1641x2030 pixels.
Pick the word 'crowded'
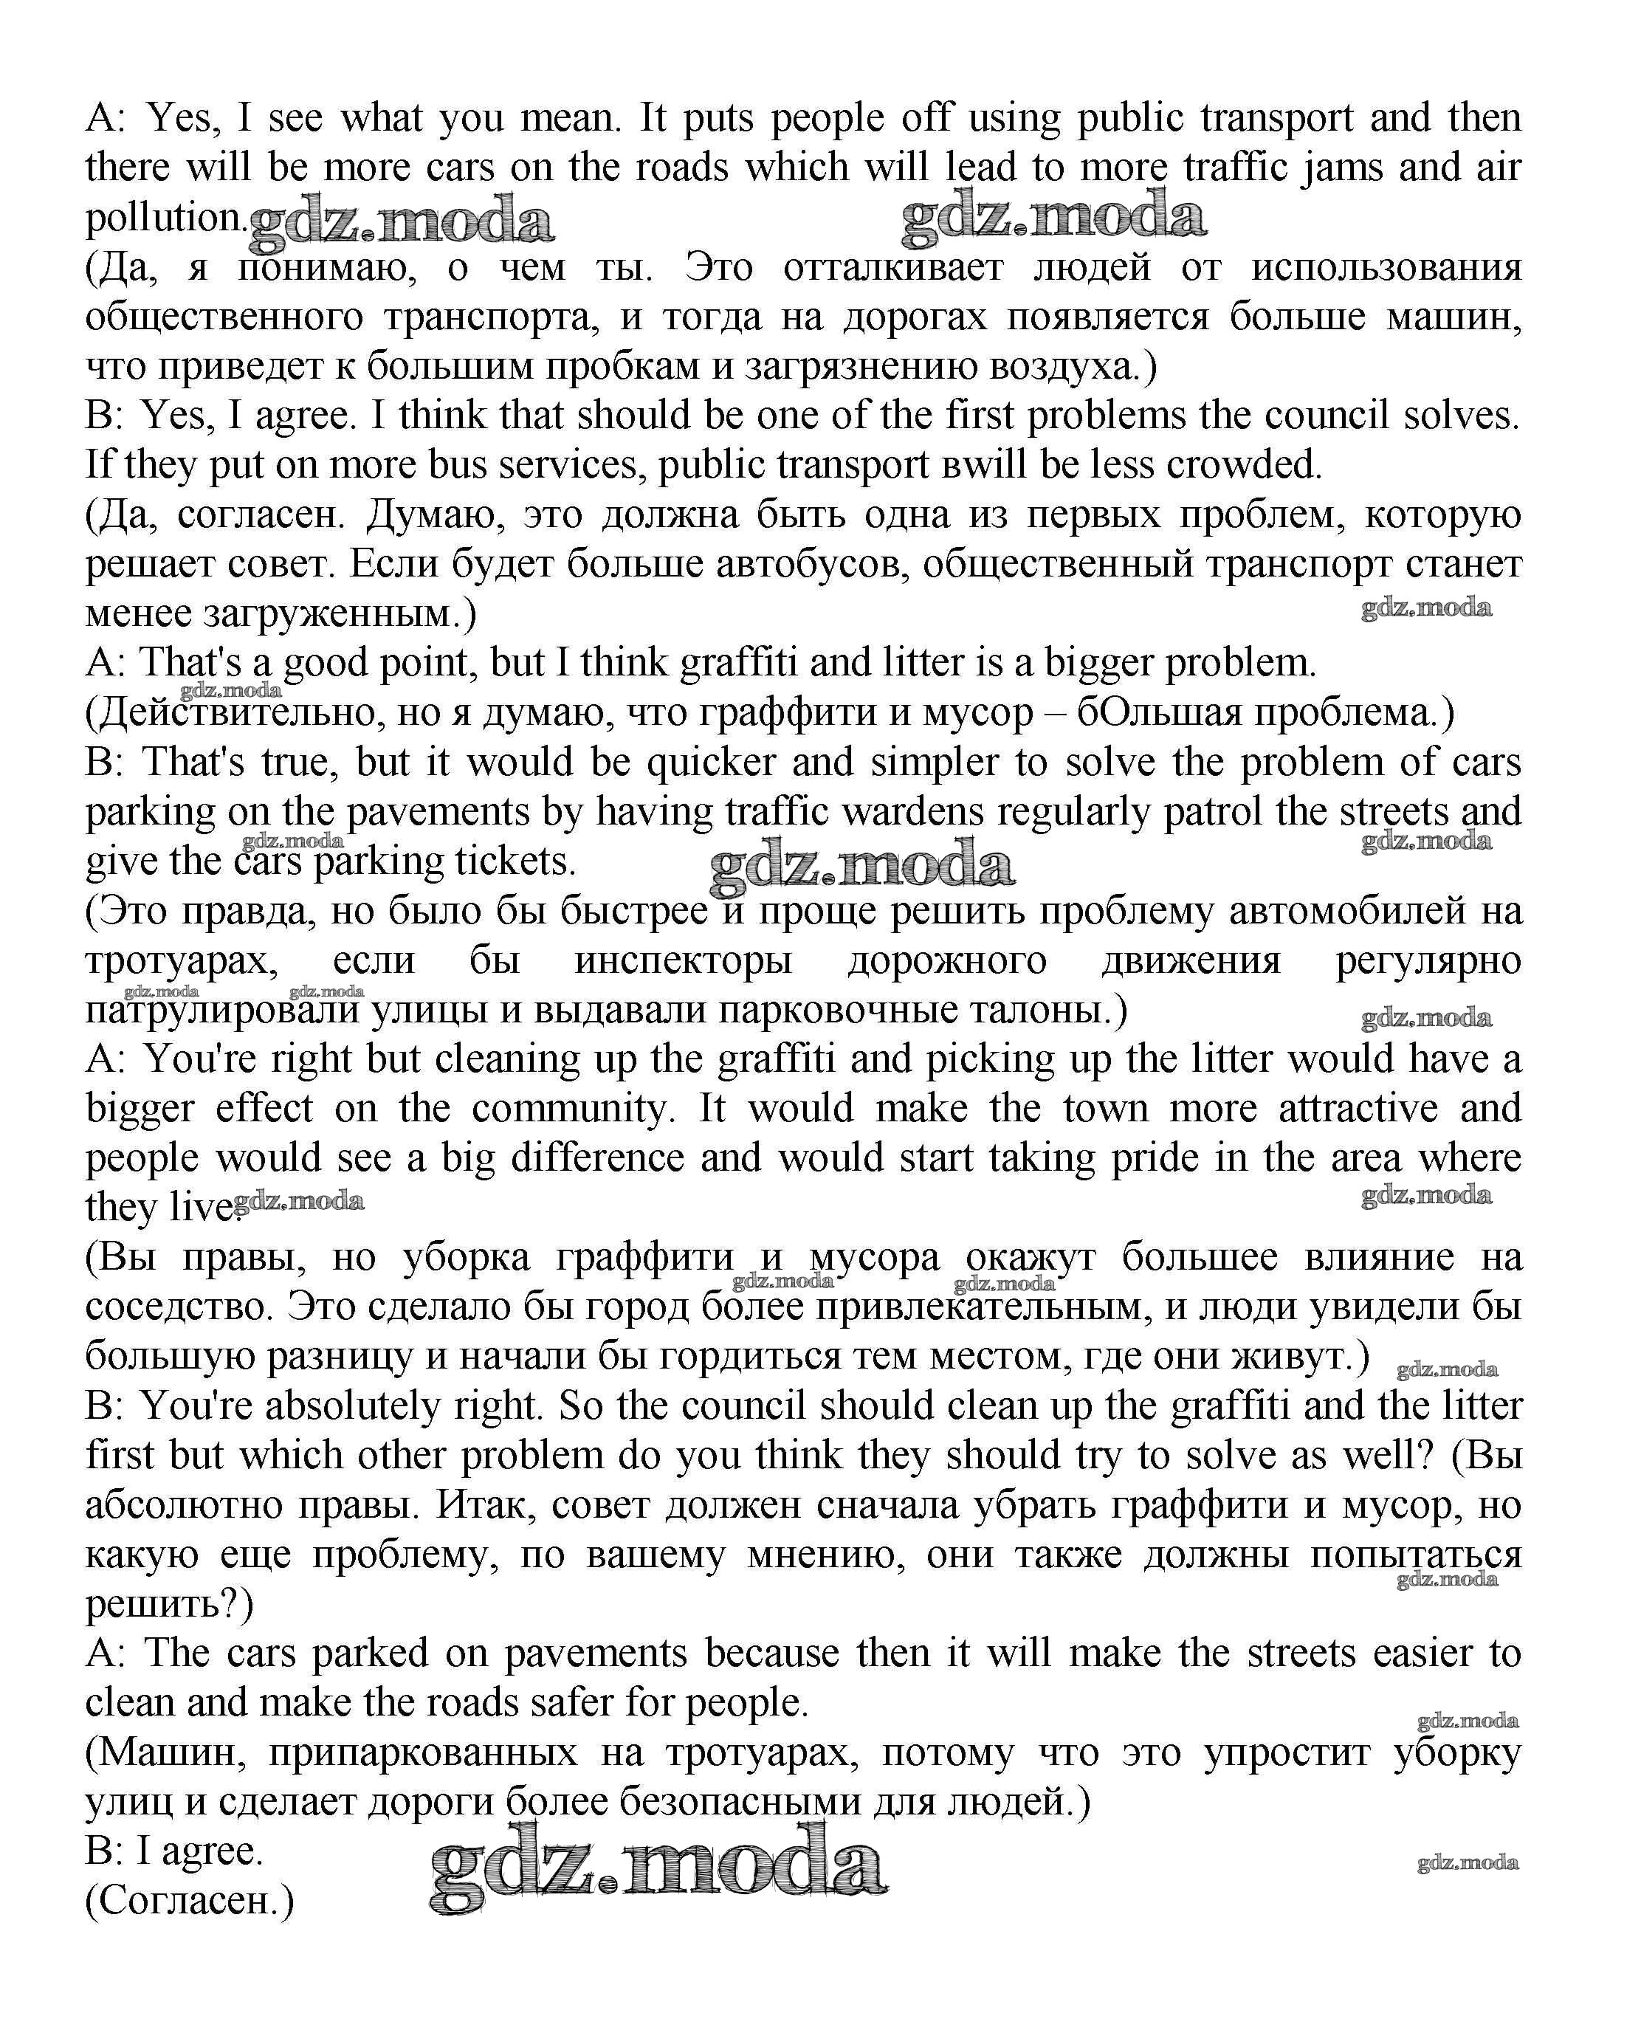(x=1243, y=465)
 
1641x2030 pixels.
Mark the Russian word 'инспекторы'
(x=683, y=961)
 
